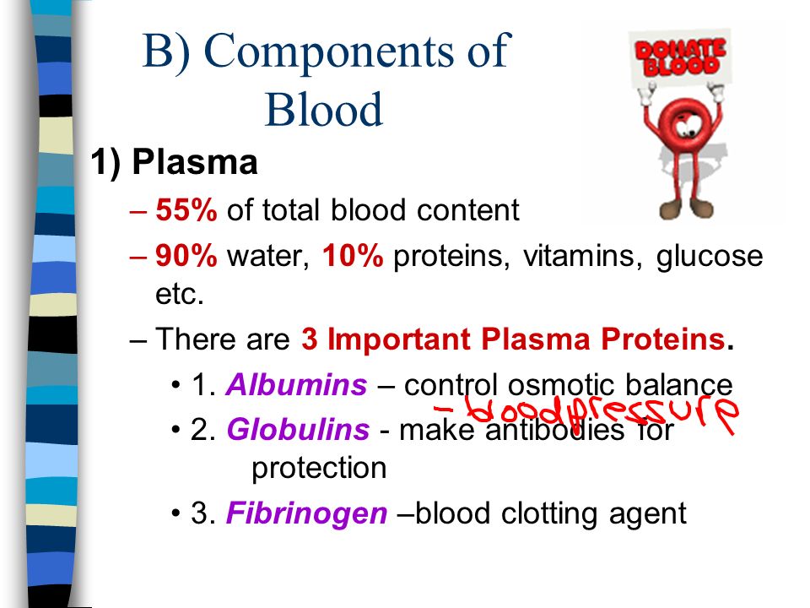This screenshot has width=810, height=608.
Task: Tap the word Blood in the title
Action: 323,109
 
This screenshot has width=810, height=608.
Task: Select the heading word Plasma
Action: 195,162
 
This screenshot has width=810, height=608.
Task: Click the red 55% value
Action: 186,210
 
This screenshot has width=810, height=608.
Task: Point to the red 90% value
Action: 186,255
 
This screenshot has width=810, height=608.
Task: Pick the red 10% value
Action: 353,255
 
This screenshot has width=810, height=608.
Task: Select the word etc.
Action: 179,295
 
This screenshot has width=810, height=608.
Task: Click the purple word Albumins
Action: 296,385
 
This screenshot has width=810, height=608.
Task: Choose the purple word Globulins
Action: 298,430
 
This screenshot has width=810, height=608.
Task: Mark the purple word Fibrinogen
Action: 307,514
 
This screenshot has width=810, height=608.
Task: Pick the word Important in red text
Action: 398,340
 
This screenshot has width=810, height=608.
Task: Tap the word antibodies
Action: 555,430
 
